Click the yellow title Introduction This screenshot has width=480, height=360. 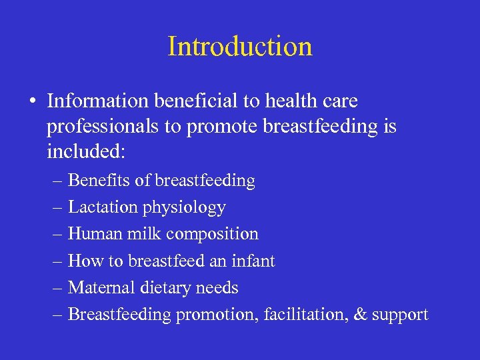click(240, 47)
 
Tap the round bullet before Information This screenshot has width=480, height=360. click(32, 101)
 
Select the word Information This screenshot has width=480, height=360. click(98, 101)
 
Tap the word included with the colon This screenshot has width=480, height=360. click(85, 152)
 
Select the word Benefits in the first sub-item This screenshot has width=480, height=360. click(96, 181)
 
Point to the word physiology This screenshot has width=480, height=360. click(184, 208)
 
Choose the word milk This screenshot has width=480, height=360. click(146, 234)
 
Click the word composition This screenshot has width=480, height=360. click(213, 235)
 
